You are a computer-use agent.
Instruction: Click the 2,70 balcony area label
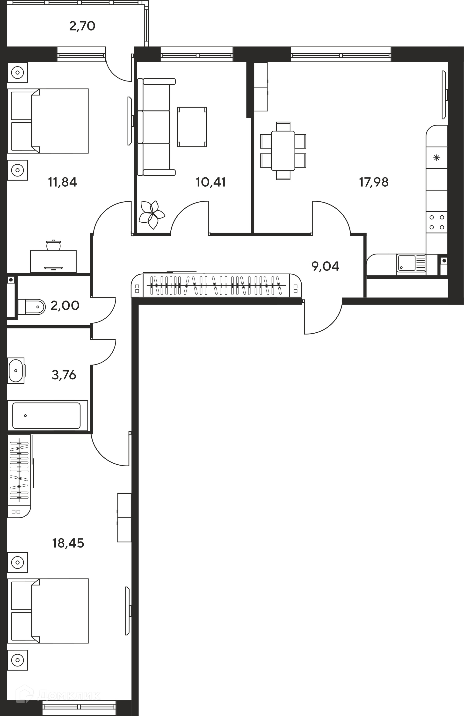[82, 26]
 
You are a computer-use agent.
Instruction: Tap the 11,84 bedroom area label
[63, 182]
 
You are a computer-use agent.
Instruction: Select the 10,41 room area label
[210, 182]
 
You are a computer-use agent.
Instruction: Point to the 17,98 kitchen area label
[374, 182]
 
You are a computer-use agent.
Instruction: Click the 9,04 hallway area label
[325, 266]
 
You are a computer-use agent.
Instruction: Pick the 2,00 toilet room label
[65, 305]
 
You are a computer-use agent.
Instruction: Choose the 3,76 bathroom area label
[64, 375]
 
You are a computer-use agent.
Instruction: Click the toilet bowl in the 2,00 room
[32, 307]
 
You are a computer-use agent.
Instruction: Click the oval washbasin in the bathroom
[16, 371]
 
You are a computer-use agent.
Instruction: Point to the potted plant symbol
[152, 214]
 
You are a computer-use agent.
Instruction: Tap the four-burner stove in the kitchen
[437, 222]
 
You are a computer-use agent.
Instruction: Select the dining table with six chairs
[283, 151]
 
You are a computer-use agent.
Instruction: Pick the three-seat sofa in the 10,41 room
[156, 127]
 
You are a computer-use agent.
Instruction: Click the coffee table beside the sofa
[192, 127]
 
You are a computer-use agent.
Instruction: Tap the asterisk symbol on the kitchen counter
[437, 157]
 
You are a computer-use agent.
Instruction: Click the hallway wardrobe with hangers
[217, 285]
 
